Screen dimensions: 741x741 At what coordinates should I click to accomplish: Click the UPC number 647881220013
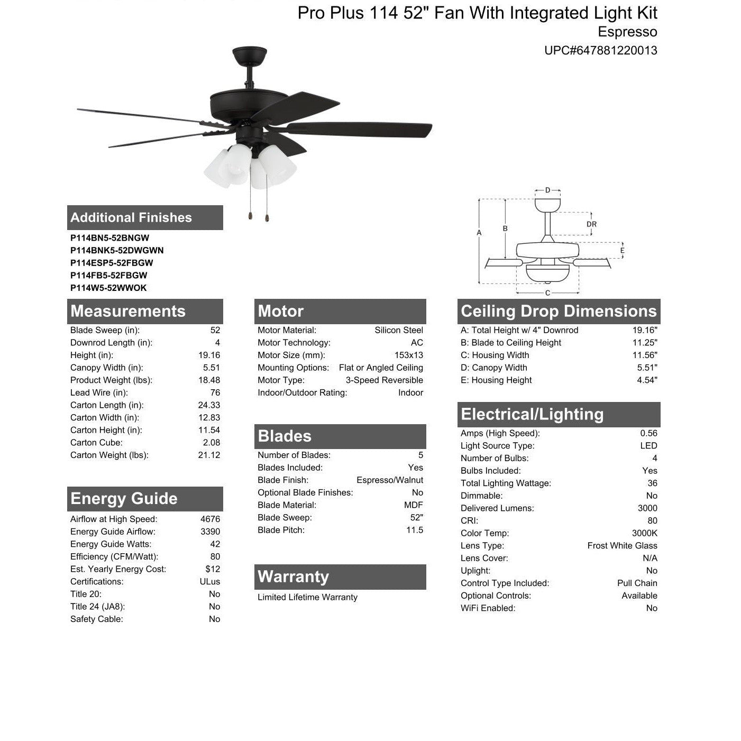[x=600, y=51]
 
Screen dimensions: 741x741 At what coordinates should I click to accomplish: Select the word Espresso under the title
[x=627, y=32]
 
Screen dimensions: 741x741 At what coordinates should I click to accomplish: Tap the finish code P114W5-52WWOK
[x=108, y=288]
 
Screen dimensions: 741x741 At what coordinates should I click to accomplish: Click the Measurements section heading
[x=128, y=311]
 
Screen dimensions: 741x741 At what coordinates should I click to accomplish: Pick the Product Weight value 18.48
[x=209, y=380]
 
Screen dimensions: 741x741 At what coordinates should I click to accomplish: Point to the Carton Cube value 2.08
[x=212, y=443]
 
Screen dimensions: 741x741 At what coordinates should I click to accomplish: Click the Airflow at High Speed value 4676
[x=210, y=519]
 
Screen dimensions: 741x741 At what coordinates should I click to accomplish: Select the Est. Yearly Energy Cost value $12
[x=213, y=569]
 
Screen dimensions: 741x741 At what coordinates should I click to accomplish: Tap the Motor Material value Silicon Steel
[x=398, y=330]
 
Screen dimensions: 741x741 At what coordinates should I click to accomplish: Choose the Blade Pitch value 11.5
[x=414, y=530]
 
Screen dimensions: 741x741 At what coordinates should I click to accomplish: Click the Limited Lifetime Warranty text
[x=307, y=597]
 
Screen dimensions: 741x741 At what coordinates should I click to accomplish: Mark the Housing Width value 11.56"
[x=645, y=355]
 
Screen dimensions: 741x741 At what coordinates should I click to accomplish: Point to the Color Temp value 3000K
[x=644, y=533]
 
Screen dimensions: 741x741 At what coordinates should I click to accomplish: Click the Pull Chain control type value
[x=637, y=583]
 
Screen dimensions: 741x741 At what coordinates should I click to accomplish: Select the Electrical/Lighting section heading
[x=532, y=414]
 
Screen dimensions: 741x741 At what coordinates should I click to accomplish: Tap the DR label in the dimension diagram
[x=591, y=224]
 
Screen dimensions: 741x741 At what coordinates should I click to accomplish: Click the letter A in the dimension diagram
[x=479, y=233]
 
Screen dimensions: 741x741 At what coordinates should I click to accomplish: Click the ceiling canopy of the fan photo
[x=249, y=56]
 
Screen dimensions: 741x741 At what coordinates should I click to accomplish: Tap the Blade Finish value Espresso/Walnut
[x=389, y=480]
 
